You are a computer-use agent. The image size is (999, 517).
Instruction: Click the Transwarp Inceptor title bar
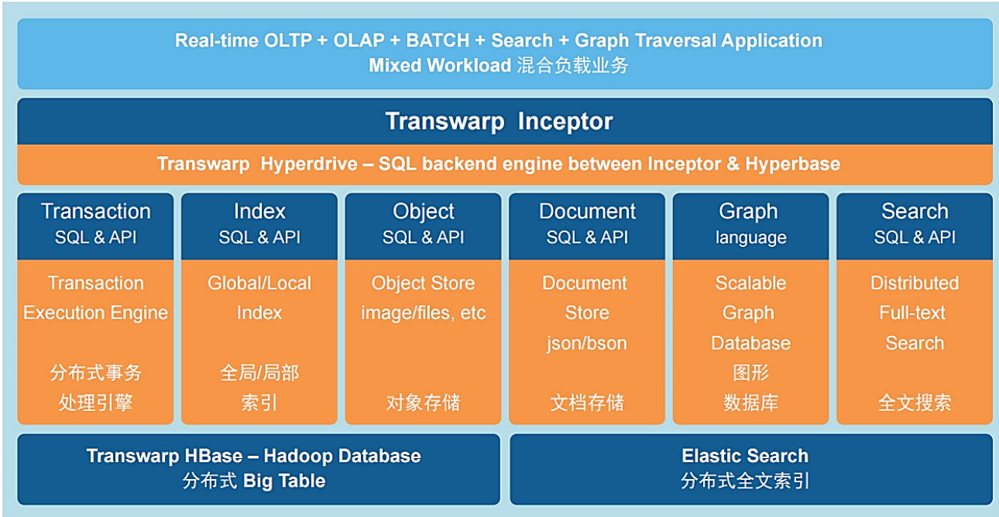[x=499, y=122]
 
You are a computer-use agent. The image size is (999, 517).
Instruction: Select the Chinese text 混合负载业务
[x=572, y=65]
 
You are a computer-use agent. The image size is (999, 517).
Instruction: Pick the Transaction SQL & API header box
[x=95, y=224]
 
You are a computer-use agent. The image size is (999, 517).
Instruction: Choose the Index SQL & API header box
[x=259, y=224]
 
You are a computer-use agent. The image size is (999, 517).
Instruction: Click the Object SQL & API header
[x=423, y=224]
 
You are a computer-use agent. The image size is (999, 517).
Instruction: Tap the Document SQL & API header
[x=587, y=224]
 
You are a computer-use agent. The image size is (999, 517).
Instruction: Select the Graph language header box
[x=750, y=224]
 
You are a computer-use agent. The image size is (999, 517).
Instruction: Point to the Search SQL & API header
[x=915, y=224]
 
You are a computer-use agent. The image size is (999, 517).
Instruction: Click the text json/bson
[x=586, y=343]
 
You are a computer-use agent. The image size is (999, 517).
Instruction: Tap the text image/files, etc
[x=423, y=313]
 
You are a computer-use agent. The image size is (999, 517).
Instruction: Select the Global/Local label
[x=259, y=283]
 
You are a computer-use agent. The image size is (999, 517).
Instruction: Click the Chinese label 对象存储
[x=423, y=402]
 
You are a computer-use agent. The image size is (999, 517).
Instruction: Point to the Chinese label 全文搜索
[x=915, y=402]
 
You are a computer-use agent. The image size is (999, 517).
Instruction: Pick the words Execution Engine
[x=95, y=313]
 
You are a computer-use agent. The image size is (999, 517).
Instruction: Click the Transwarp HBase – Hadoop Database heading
[x=254, y=456]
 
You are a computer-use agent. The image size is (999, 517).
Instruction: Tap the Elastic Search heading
[x=744, y=456]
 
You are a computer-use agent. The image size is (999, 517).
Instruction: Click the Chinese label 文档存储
[x=586, y=402]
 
